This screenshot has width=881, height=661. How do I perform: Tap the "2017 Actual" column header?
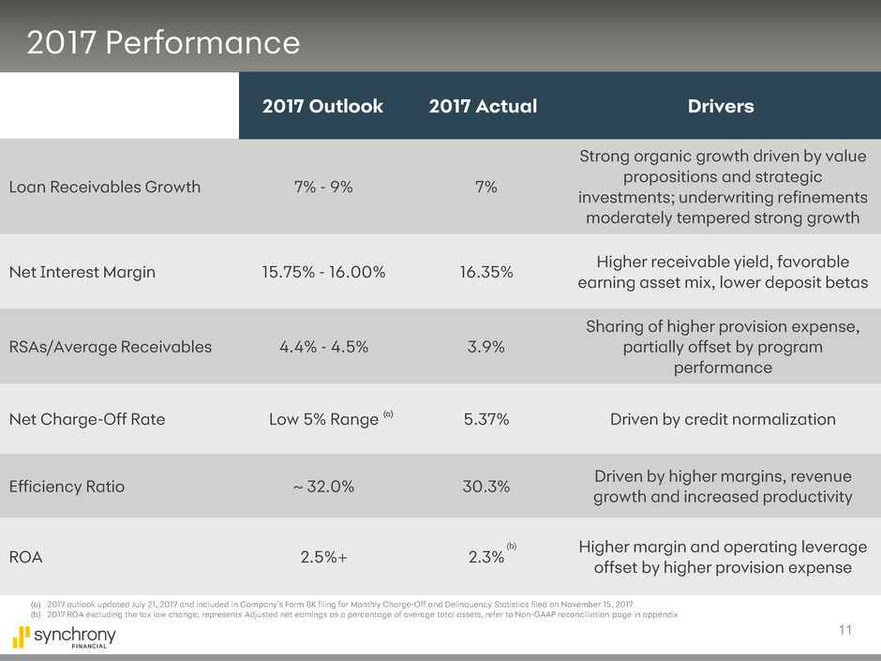coord(483,106)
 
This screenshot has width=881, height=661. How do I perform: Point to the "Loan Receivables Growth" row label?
coord(105,187)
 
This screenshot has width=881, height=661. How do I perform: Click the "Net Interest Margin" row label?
coord(82,273)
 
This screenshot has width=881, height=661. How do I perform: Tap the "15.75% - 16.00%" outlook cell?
coord(322,273)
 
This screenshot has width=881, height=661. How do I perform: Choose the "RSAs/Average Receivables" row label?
coord(111,347)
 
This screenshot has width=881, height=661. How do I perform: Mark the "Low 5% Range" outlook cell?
coord(324,420)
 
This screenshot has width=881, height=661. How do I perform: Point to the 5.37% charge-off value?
coord(486,420)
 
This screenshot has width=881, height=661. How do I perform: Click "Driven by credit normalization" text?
coord(723,420)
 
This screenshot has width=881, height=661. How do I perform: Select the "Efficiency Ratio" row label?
coord(67,488)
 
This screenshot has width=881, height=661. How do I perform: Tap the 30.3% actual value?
coord(485,488)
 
